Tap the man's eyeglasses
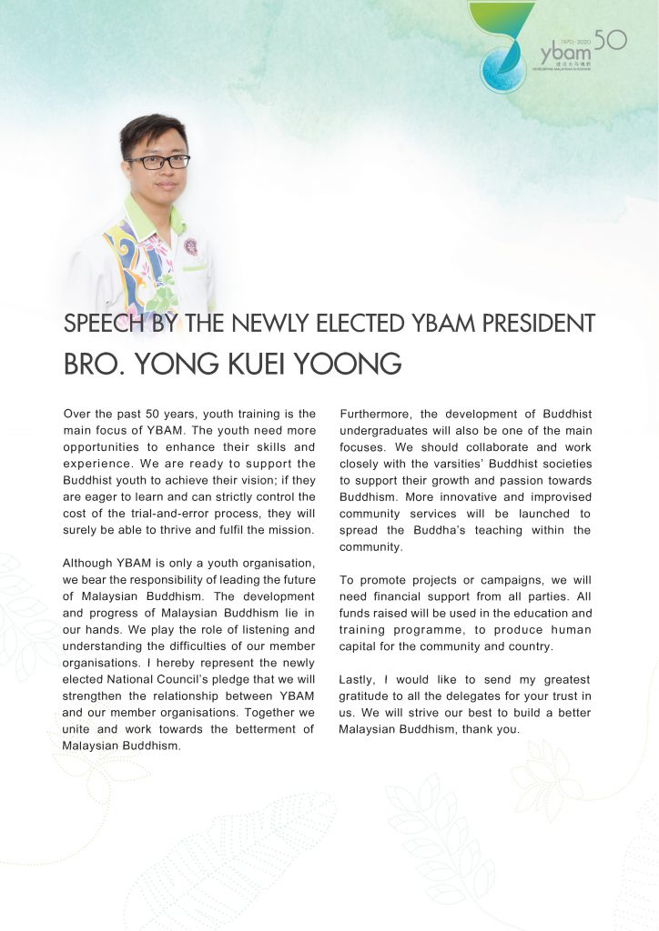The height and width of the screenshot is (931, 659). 157,162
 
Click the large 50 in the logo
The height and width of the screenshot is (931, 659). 610,39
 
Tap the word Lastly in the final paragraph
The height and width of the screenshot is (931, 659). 357,679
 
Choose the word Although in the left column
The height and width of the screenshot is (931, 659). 90,563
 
